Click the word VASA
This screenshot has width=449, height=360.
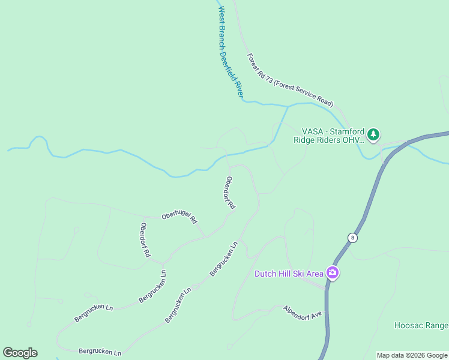pyautogui.click(x=313, y=131)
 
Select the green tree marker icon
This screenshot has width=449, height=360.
pyautogui.click(x=373, y=134)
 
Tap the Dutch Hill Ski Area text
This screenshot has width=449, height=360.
pyautogui.click(x=289, y=274)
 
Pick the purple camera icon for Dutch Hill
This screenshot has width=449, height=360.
pyautogui.click(x=333, y=274)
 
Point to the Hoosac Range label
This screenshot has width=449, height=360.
pyautogui.click(x=421, y=325)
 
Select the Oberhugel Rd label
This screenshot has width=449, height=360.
pyautogui.click(x=179, y=217)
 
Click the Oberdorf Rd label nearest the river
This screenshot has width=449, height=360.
pyautogui.click(x=230, y=192)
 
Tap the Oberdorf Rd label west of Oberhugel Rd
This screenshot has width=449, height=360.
pyautogui.click(x=145, y=240)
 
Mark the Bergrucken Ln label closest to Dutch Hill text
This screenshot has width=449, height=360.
pyautogui.click(x=224, y=259)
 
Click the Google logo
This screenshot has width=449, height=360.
pyautogui.click(x=20, y=353)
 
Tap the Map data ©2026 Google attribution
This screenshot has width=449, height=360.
pyautogui.click(x=412, y=355)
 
